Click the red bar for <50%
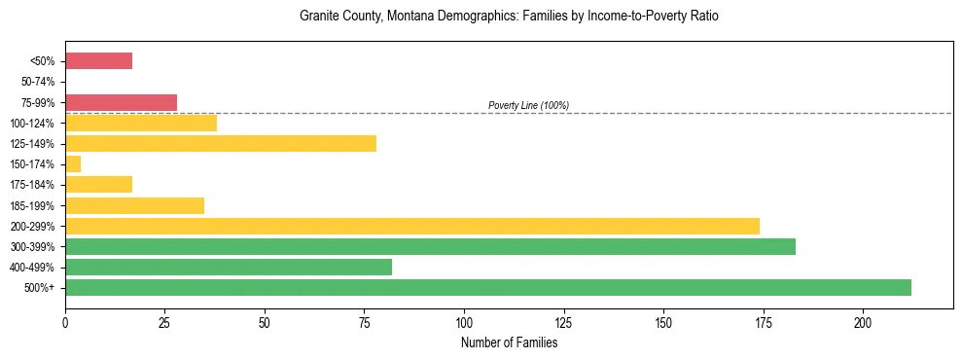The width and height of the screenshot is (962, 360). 98,61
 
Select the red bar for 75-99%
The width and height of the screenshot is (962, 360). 121,102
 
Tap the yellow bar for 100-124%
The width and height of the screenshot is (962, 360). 141,123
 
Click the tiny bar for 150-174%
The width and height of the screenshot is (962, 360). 73,164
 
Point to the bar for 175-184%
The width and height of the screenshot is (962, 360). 98,185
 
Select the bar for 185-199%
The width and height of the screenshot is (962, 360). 134,205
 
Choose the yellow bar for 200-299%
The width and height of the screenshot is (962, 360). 411,226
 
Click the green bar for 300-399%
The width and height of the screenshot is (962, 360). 430,246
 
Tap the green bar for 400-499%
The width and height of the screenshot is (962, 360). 229,267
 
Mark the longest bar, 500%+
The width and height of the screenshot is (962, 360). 487,287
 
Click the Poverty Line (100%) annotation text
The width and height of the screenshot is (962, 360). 528,105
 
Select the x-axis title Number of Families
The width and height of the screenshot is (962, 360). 509,342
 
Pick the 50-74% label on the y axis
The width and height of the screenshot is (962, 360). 38,82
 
